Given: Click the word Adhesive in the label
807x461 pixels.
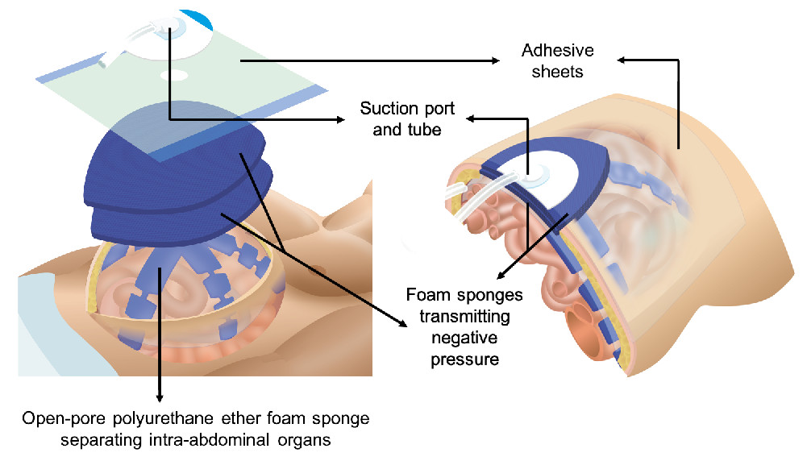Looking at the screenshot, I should coord(557,51).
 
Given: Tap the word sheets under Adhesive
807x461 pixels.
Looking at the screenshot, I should coord(557,71).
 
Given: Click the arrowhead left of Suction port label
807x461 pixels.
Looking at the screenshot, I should coord(339,121).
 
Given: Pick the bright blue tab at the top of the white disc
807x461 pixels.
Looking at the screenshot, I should coord(198,18).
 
